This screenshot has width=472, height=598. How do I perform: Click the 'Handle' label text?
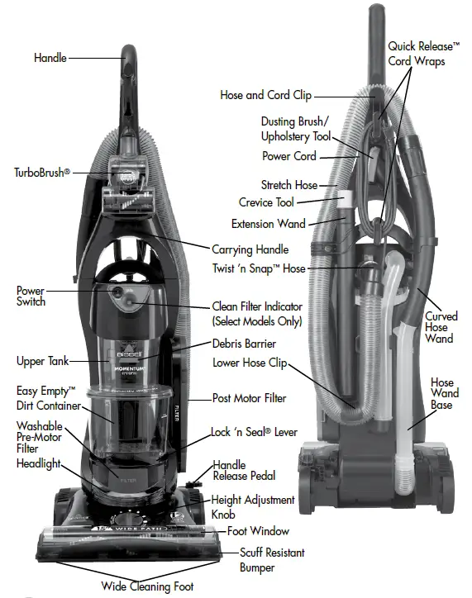pos(50,58)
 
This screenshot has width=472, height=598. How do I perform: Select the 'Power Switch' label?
pos(31,297)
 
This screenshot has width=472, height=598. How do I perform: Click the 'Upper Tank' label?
pos(41,361)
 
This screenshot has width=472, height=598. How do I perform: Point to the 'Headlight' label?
pos(39,463)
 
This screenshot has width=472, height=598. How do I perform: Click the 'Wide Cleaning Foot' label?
pos(148,586)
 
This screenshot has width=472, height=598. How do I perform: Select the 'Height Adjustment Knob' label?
pos(253,506)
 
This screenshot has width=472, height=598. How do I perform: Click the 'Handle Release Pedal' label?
pos(245,471)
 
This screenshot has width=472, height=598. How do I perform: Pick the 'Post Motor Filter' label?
pos(250,398)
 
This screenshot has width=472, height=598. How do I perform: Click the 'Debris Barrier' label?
pos(243,343)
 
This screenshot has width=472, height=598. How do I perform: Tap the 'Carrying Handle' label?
pos(250,249)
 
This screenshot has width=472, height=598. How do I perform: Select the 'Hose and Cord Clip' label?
pos(266,95)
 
